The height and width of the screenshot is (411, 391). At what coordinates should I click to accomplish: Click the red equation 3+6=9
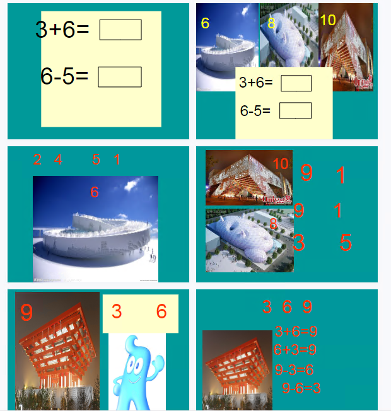[x=296, y=332]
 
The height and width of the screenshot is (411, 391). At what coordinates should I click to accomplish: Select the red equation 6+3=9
[x=295, y=350]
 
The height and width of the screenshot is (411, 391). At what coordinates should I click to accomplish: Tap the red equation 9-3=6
[x=295, y=370]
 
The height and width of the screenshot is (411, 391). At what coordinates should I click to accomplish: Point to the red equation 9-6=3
[x=301, y=388]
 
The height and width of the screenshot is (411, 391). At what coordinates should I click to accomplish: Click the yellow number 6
[x=205, y=23]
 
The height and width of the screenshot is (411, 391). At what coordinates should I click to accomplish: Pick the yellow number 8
[x=271, y=23]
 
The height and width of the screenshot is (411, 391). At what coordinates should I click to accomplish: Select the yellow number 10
[x=328, y=20]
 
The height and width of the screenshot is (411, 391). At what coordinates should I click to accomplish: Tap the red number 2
[x=37, y=159]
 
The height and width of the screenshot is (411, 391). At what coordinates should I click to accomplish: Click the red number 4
[x=58, y=159]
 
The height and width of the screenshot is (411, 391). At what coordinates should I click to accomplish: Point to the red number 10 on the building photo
[x=281, y=164]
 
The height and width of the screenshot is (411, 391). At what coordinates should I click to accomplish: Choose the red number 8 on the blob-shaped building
[x=273, y=224]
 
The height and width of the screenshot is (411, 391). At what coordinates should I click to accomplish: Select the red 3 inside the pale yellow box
[x=117, y=311]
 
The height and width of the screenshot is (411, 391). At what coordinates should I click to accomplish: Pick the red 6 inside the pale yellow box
[x=161, y=311]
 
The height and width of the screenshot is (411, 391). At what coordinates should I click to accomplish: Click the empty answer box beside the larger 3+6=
[x=120, y=30]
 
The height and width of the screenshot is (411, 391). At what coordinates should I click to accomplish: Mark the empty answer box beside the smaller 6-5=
[x=296, y=110]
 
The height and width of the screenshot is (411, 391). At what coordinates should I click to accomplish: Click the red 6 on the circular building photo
[x=95, y=192]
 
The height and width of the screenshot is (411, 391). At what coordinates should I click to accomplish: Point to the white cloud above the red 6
[x=132, y=183]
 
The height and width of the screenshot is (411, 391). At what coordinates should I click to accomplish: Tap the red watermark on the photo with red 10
[x=277, y=200]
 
